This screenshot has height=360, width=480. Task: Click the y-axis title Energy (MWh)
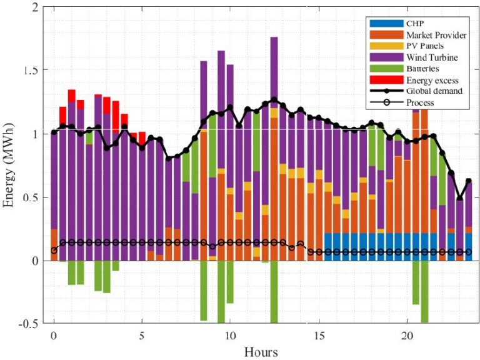point(12,166)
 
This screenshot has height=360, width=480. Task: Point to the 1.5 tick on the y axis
point(31,71)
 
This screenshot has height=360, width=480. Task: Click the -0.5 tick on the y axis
point(29,324)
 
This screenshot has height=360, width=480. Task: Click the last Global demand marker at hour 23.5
point(469,181)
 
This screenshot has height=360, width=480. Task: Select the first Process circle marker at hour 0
point(54,250)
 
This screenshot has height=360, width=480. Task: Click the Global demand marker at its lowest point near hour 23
point(460,199)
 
